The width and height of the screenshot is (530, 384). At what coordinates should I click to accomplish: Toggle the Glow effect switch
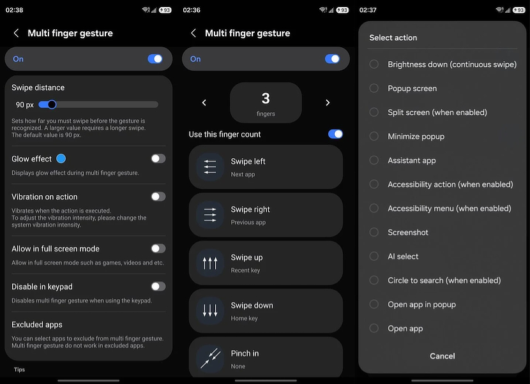[158, 158]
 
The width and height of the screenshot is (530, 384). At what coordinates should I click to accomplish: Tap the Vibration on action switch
[158, 196]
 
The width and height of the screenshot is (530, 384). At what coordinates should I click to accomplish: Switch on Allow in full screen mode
[158, 249]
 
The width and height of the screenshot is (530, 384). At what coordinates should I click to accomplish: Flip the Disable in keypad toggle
[158, 286]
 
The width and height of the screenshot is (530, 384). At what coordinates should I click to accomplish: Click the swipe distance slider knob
[52, 105]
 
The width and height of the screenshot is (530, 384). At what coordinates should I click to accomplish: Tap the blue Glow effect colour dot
[61, 158]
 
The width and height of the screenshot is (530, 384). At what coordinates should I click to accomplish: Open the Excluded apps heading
[37, 325]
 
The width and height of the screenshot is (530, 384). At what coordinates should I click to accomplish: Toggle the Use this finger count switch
[335, 134]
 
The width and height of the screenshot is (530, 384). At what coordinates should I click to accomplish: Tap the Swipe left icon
[210, 167]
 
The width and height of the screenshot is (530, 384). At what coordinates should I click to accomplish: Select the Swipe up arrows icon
[210, 263]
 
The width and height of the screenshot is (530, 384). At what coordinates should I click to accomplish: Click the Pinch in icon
[210, 358]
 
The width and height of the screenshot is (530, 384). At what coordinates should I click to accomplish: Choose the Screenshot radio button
[374, 232]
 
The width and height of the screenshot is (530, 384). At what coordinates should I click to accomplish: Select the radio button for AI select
[374, 256]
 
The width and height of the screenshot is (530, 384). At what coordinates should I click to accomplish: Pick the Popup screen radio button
[374, 88]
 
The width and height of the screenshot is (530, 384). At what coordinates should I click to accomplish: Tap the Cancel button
[442, 356]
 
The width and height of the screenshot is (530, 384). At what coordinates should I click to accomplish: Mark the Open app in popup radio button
[374, 304]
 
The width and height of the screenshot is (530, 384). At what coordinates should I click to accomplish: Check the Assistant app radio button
[374, 160]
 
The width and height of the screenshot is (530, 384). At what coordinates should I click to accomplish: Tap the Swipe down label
[252, 306]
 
